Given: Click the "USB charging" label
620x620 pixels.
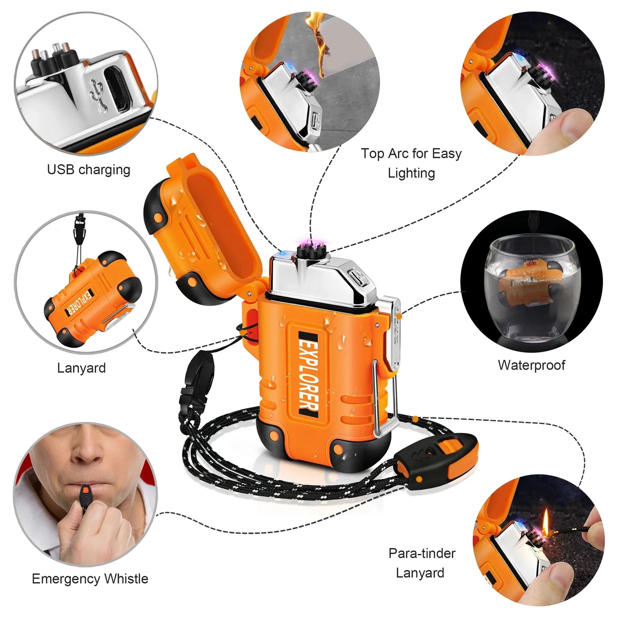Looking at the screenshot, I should pyautogui.click(x=88, y=169).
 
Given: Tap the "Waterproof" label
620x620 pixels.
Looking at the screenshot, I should pyautogui.click(x=531, y=365).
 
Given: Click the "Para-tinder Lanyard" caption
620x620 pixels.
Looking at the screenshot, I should pyautogui.click(x=421, y=563).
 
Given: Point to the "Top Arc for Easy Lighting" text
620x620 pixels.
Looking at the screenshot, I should pyautogui.click(x=411, y=163).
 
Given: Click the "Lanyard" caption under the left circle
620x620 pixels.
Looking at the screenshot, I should pyautogui.click(x=82, y=368).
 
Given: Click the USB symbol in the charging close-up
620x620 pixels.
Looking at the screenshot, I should pyautogui.click(x=100, y=95).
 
